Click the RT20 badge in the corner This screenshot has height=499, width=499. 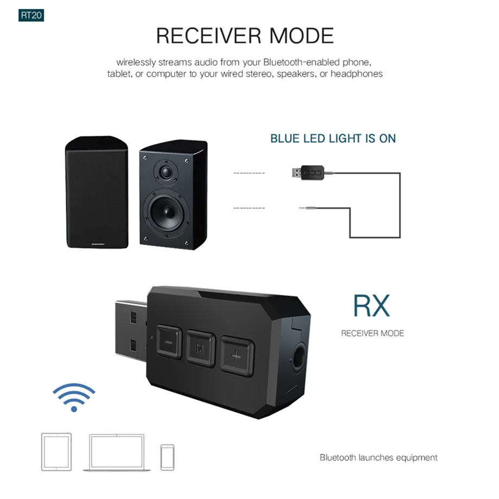[30, 15]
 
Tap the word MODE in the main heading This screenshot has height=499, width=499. [302, 36]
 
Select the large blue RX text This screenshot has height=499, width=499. [372, 306]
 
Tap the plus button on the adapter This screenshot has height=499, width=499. [235, 357]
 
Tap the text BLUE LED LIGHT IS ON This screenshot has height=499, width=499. [333, 138]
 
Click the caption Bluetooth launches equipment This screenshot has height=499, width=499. [378, 457]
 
